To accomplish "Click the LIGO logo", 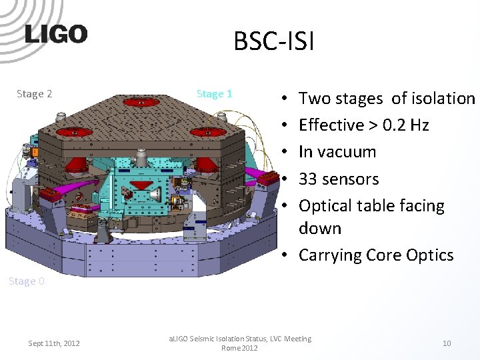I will point(56,34).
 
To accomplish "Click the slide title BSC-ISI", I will point(273,41).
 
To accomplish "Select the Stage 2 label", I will point(34,94).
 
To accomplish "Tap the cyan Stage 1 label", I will point(214,94).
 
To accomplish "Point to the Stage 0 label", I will point(27,281).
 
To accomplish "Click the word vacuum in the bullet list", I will point(347,152).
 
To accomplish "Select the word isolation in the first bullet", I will point(443,99).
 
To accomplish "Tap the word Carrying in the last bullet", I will point(331,255).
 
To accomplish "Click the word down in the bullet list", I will point(320,229).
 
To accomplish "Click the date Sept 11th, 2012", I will point(54,343).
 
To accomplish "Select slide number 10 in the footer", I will point(447,343).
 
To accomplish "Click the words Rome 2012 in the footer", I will point(240,348).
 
